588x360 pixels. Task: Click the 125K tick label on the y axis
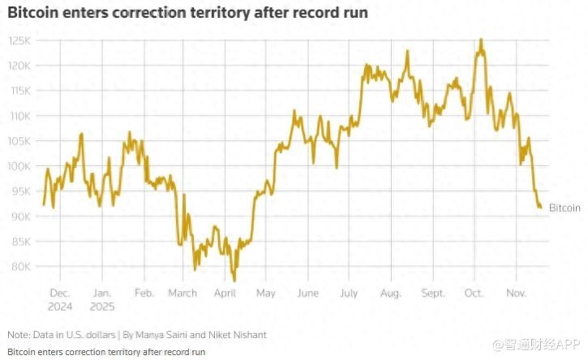tap(20, 41)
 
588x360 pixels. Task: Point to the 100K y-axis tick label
tap(20, 166)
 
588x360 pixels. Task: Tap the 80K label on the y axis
tap(20, 267)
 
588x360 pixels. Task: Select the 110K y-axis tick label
tap(20, 116)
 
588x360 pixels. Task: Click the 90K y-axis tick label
tap(20, 216)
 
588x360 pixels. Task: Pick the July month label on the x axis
tap(350, 294)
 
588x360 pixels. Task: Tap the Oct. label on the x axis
tap(474, 294)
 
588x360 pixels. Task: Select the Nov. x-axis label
tap(517, 294)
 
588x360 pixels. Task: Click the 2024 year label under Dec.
tap(60, 306)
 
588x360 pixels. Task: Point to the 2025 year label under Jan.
tap(102, 306)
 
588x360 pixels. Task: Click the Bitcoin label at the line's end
tap(564, 208)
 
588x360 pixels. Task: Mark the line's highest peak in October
tap(482, 39)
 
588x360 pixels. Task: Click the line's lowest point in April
tap(234, 281)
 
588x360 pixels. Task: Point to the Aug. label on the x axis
tap(391, 294)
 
